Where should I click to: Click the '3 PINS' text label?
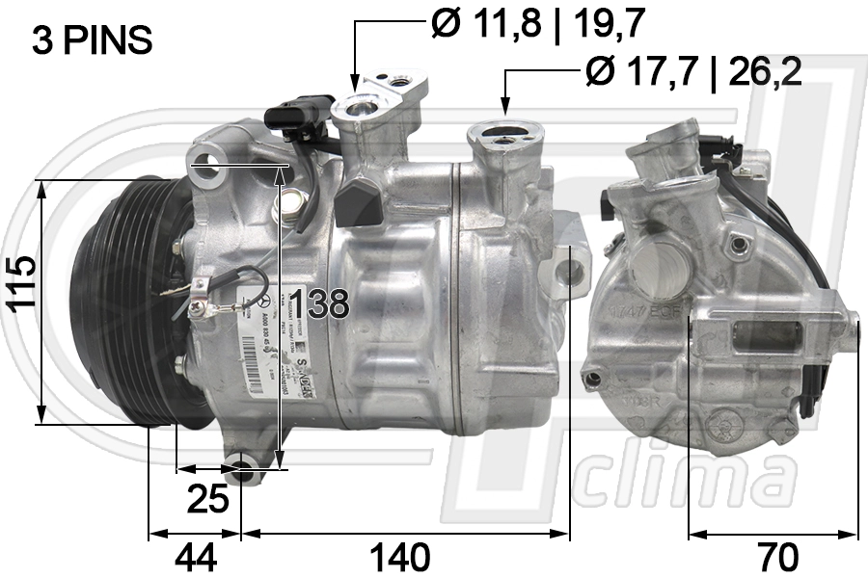(x=92, y=39)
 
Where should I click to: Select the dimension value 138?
(x=319, y=304)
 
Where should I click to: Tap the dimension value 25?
(x=207, y=498)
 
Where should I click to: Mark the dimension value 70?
(x=775, y=556)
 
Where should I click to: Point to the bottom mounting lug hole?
(x=243, y=473)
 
